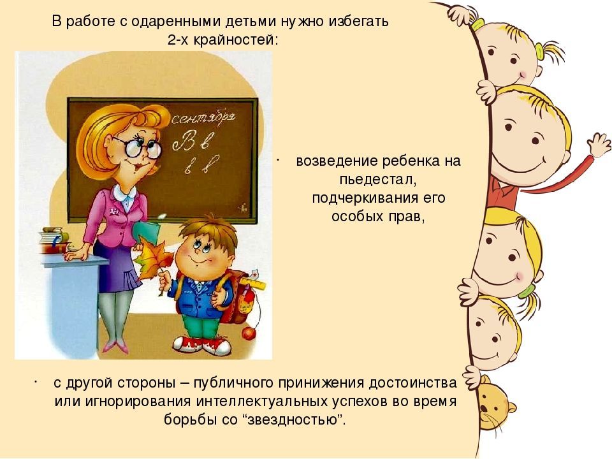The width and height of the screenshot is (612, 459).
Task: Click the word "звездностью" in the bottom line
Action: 294,420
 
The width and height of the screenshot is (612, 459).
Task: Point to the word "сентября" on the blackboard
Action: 203,119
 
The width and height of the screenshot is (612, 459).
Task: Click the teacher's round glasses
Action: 142,149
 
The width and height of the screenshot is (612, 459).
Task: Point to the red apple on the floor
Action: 248,333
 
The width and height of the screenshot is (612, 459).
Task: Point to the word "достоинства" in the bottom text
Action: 412,383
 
